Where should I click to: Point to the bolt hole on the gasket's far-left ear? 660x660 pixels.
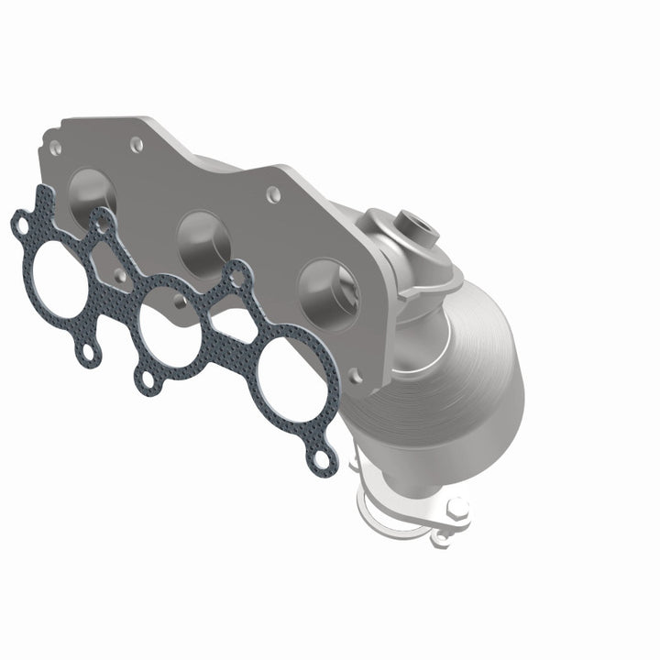tap(20, 221)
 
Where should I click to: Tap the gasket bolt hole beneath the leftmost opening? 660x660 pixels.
tap(88, 350)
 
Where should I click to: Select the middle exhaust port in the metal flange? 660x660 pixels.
tap(206, 240)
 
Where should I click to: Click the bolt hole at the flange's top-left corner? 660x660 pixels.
tap(59, 147)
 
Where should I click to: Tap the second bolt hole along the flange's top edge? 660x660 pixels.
tap(137, 144)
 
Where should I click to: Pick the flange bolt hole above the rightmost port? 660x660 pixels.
tap(272, 193)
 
